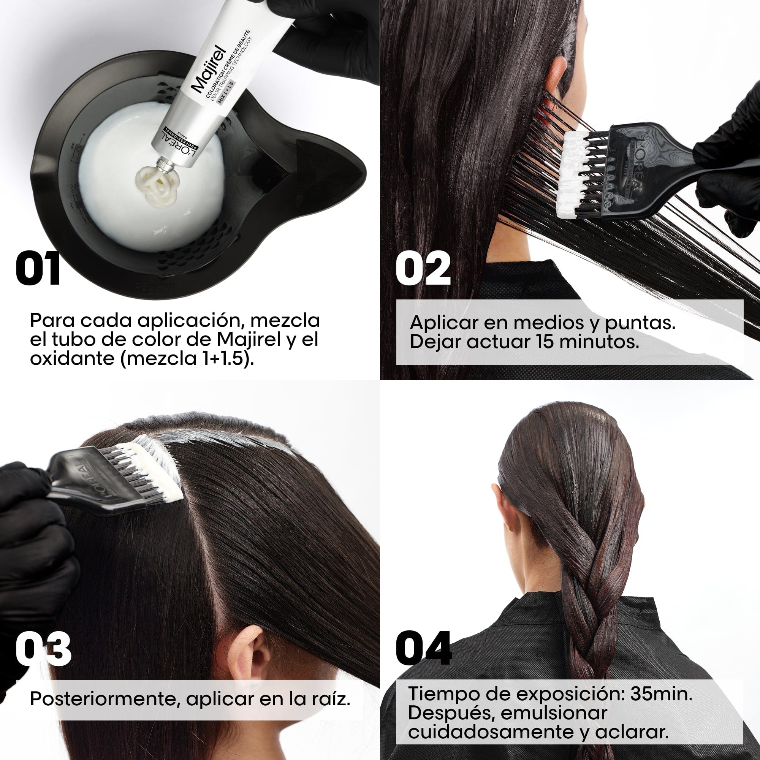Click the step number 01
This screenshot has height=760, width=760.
38,269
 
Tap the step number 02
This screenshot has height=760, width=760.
423,269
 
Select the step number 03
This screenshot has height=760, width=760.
43,649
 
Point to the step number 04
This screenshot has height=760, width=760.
424,649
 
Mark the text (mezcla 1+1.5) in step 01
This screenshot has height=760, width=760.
187,359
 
